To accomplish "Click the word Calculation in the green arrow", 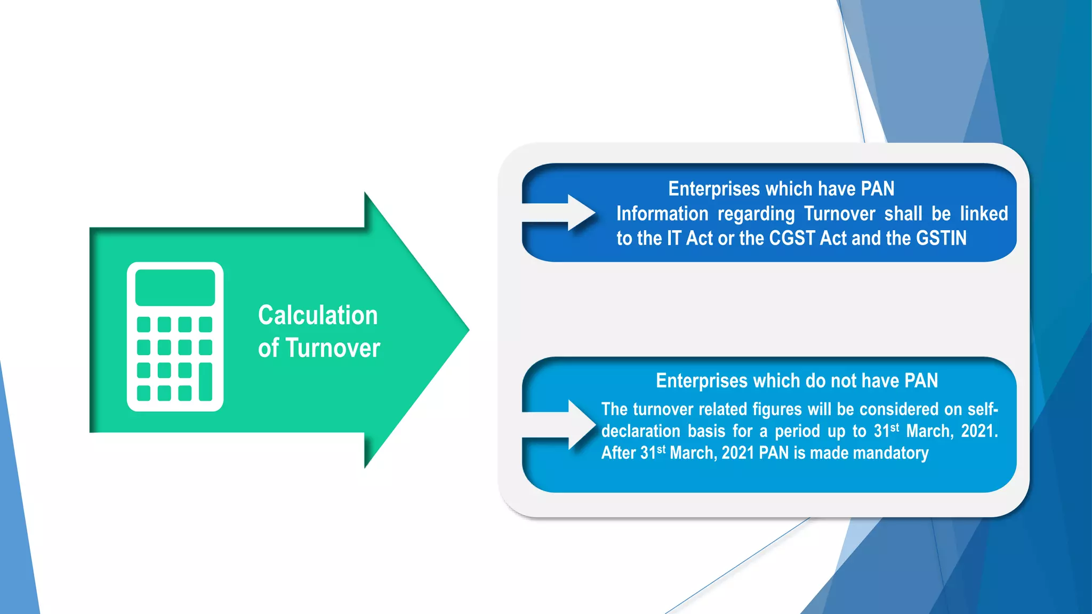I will (318, 315).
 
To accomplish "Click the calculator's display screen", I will (175, 287).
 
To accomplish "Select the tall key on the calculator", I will (205, 382).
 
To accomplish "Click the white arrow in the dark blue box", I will (560, 213).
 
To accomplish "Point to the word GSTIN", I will (941, 238).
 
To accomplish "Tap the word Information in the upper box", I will (662, 214).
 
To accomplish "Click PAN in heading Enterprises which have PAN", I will (878, 189).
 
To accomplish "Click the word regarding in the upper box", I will (756, 214).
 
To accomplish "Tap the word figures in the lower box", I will (776, 409).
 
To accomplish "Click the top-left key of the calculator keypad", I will (143, 324).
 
